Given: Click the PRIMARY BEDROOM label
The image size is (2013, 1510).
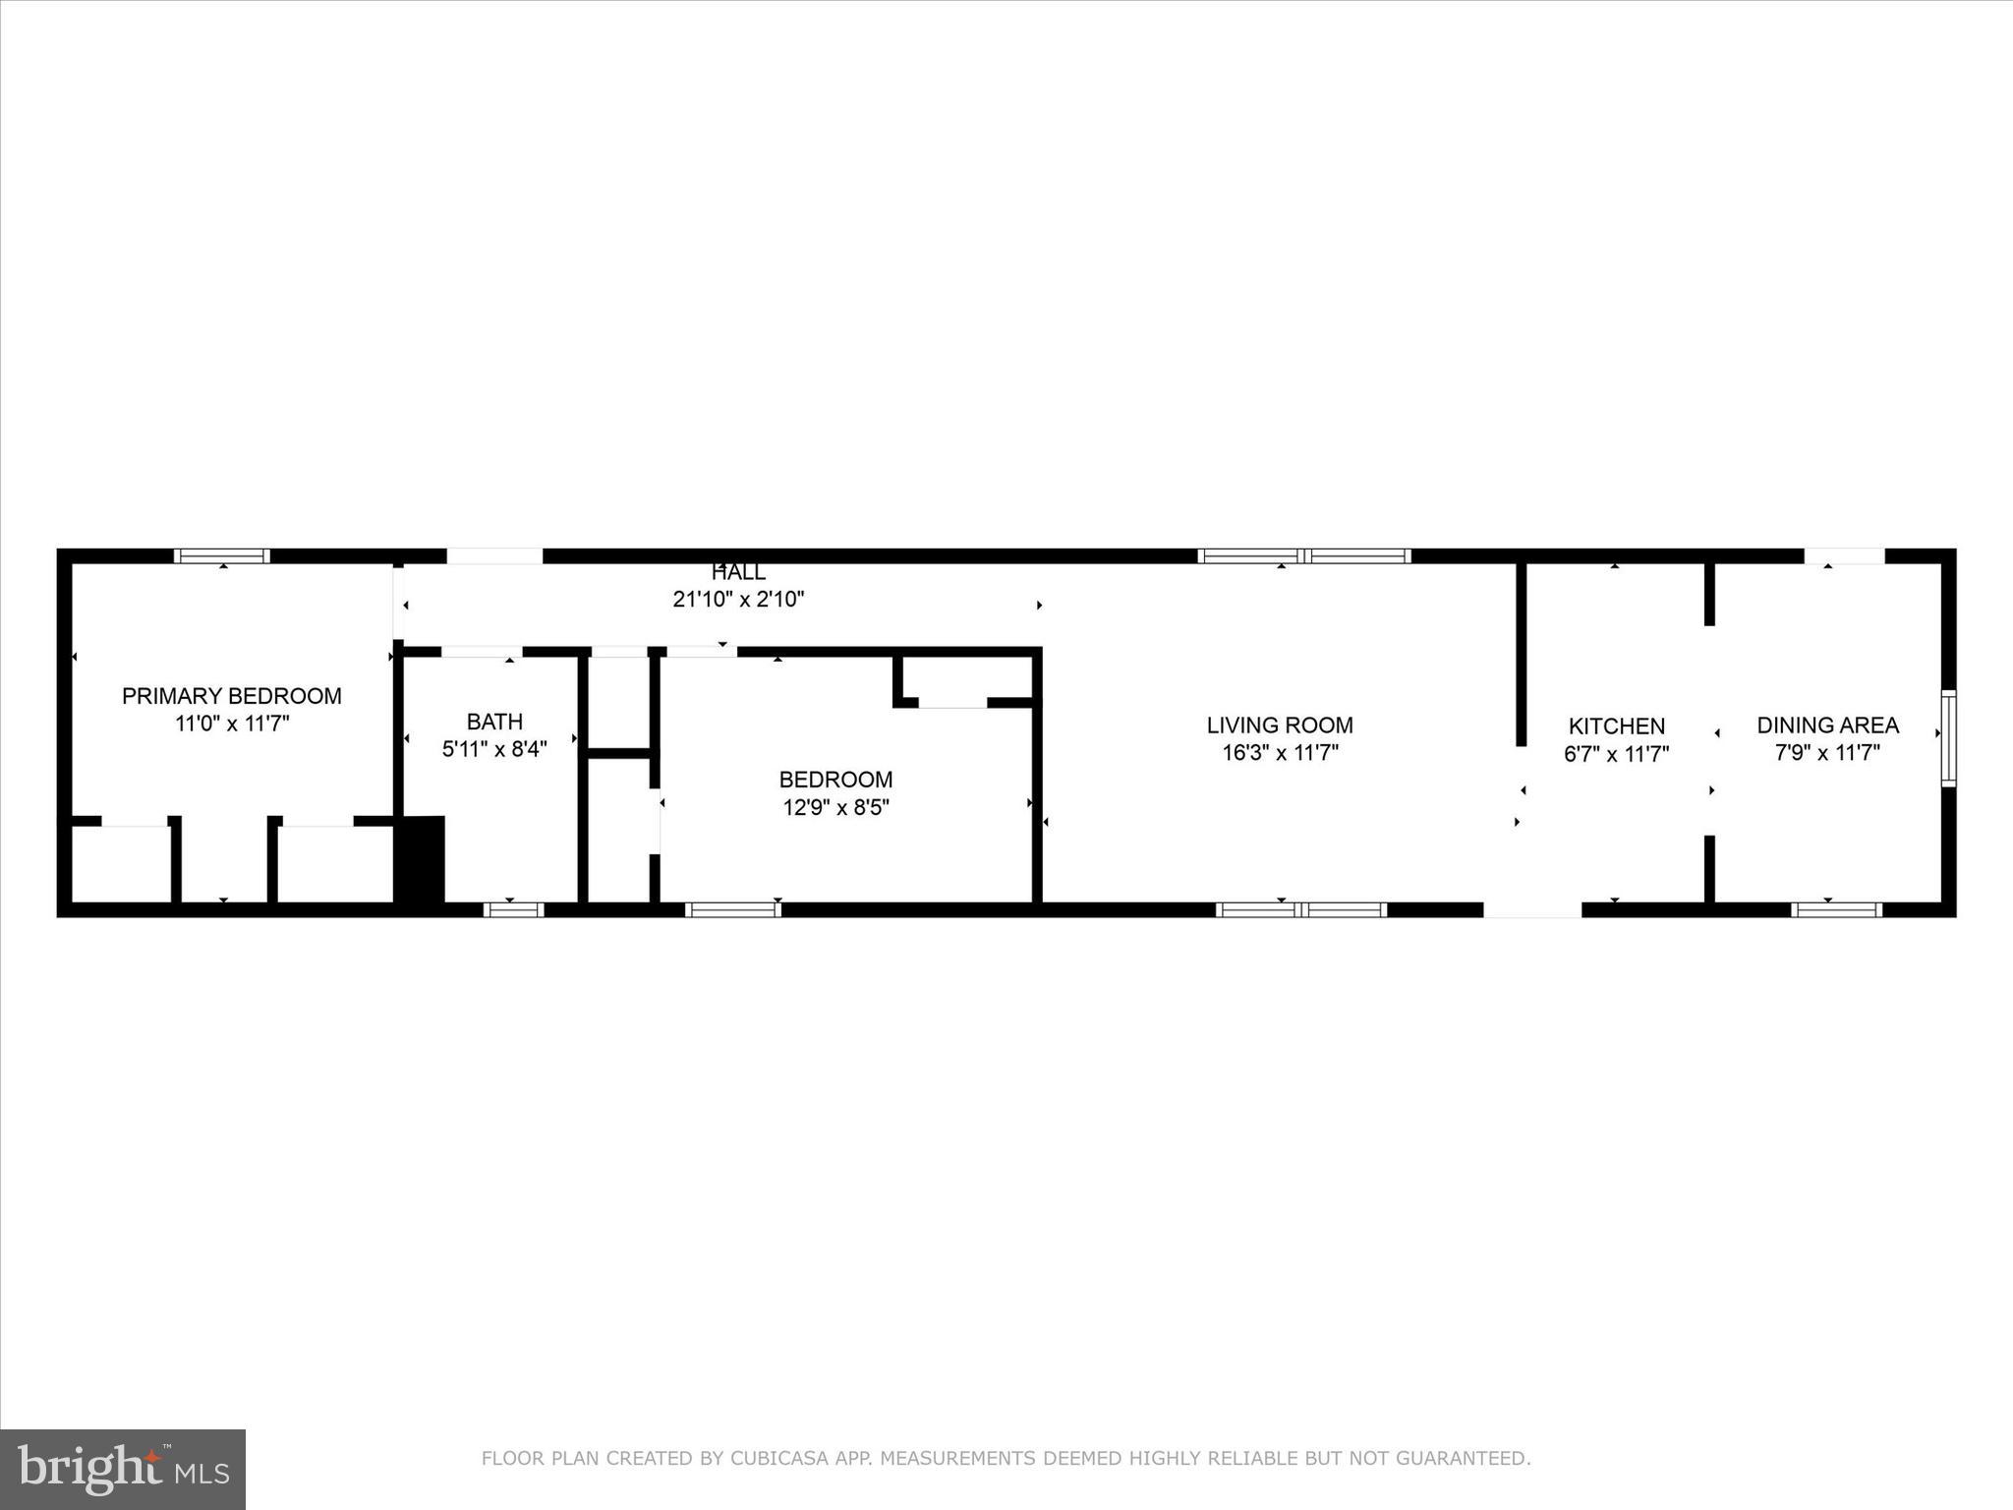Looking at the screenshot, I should [231, 696].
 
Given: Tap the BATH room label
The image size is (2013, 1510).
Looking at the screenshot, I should [494, 722].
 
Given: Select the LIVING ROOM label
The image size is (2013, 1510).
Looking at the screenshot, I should [1280, 726].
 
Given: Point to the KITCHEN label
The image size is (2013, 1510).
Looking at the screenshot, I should [1616, 726].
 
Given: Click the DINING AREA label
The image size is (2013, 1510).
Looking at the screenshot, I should [1827, 726].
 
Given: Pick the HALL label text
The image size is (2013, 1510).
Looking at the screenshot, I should [738, 572].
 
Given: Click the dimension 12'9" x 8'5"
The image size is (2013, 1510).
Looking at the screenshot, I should [835, 808].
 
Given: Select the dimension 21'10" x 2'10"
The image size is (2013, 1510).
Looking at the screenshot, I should [738, 599].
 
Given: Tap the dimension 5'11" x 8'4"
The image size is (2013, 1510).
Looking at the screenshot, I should [494, 749].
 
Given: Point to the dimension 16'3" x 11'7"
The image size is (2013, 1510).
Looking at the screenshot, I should [1280, 753].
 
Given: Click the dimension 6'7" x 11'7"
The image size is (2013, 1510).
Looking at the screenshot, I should [1616, 754].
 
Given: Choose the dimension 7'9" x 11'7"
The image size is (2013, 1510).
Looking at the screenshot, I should [1827, 753].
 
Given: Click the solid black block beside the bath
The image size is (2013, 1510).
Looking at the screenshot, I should [420, 858].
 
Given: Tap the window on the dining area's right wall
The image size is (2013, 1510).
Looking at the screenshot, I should [1948, 738].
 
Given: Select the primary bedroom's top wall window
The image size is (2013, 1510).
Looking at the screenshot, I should [222, 556].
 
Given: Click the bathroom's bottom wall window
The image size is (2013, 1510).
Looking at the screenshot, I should [513, 910].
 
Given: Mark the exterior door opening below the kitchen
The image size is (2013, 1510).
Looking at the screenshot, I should [1531, 910].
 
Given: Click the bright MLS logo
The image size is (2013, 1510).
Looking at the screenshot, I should [123, 1469].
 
